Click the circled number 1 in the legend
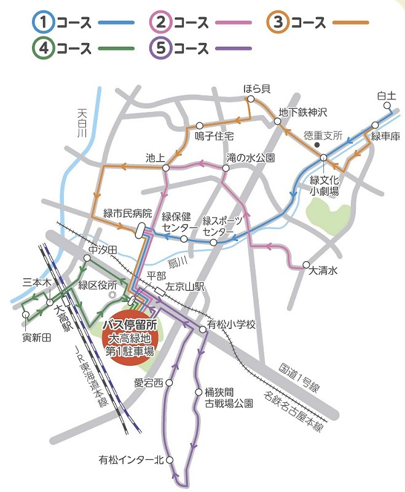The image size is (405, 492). point(44,23)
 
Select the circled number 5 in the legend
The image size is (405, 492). point(161,47)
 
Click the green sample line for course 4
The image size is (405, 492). point(114,47)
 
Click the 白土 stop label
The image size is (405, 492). point(386,96)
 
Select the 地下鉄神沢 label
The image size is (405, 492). point(302,113)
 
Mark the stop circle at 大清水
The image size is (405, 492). point(306,266)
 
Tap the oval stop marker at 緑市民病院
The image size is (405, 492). point(141,230)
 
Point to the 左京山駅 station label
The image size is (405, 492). point(184,287)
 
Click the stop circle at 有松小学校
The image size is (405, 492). point(203,330)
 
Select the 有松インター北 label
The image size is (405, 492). point(132,459)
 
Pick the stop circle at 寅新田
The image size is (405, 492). point(26,315)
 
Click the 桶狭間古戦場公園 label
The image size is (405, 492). point(229,398)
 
